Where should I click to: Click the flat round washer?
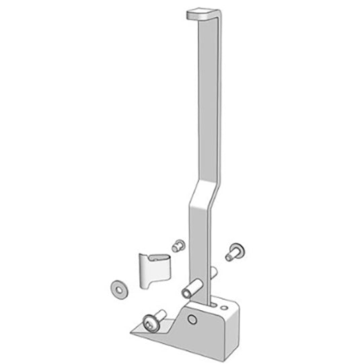pyautogui.click(x=117, y=286)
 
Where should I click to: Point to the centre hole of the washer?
pyautogui.click(x=117, y=286)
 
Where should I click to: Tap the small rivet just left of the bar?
pyautogui.click(x=178, y=246)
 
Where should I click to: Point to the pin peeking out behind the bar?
pyautogui.click(x=213, y=272)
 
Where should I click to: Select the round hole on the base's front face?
pyautogui.click(x=192, y=317)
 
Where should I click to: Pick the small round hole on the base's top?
pyautogui.click(x=215, y=303)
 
